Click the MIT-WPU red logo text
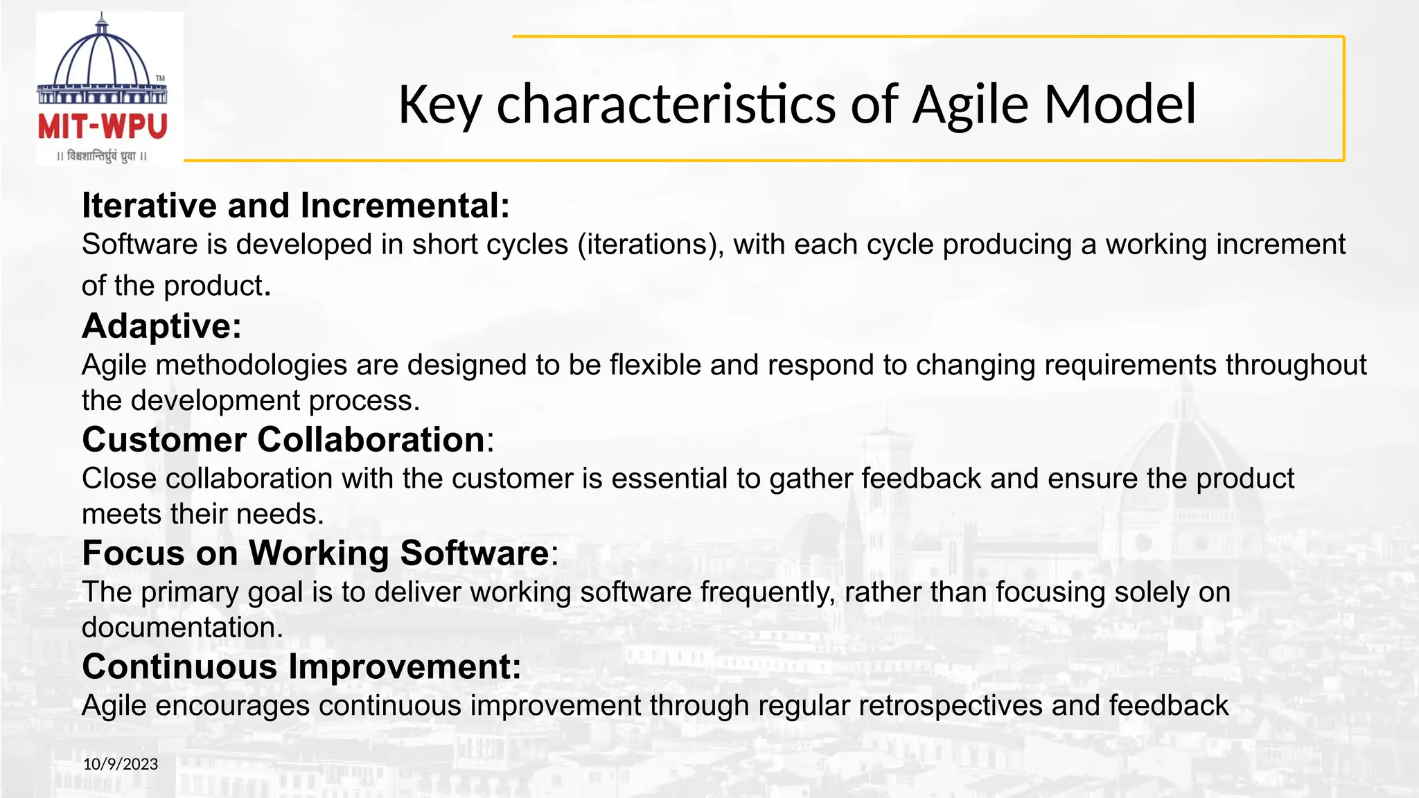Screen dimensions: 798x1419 [103, 127]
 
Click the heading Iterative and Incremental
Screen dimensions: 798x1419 [295, 206]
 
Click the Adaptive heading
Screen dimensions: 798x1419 [161, 326]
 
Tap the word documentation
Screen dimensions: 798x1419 [182, 628]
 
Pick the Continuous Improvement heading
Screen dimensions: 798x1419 [301, 667]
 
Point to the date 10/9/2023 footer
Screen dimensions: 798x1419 [121, 764]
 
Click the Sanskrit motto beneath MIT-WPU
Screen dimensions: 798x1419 [103, 157]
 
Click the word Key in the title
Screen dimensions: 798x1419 [439, 105]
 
